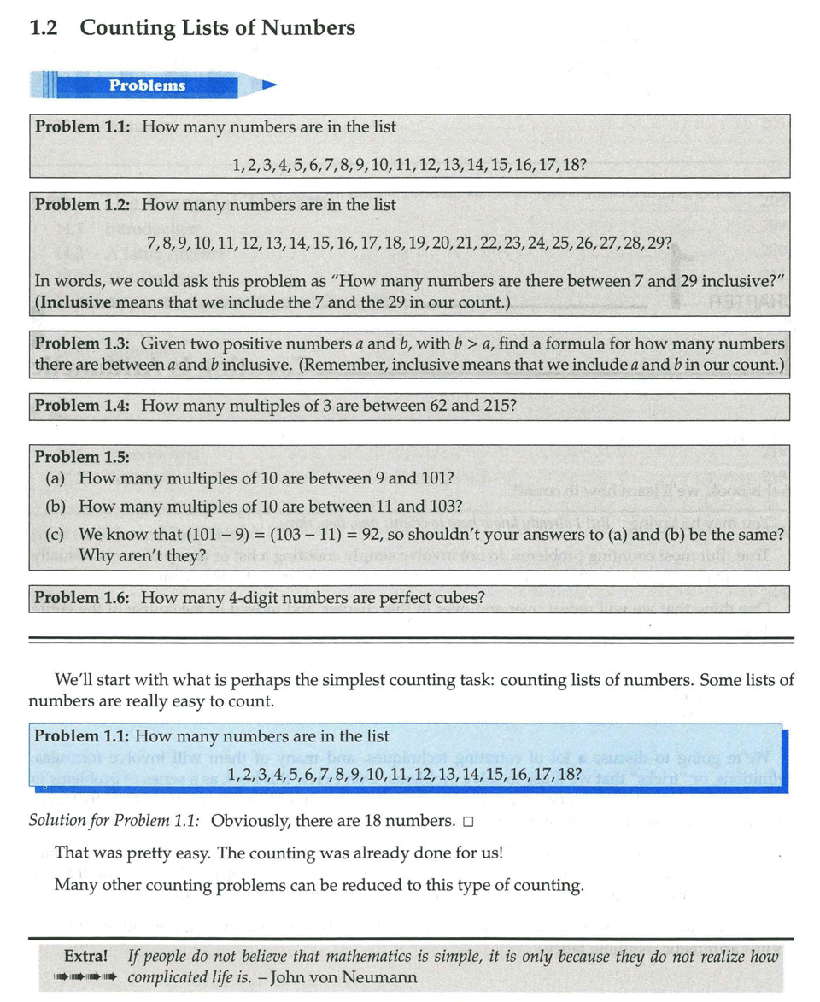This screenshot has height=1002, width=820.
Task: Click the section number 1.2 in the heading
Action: tap(43, 28)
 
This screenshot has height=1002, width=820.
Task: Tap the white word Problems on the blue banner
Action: tap(147, 85)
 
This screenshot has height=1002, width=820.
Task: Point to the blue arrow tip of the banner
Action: tap(270, 85)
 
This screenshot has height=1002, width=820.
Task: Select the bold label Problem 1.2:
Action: tap(83, 205)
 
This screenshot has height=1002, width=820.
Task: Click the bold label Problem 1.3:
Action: tap(82, 343)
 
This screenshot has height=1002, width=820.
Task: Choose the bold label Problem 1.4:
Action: tap(83, 406)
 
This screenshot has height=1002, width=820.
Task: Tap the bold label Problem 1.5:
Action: tap(83, 457)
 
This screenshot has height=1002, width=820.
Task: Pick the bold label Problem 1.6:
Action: tap(83, 598)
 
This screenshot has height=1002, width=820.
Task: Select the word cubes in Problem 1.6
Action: tap(484, 598)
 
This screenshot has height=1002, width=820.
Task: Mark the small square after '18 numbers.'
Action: tap(467, 822)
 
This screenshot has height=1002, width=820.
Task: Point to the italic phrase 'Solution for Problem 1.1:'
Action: tap(115, 821)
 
